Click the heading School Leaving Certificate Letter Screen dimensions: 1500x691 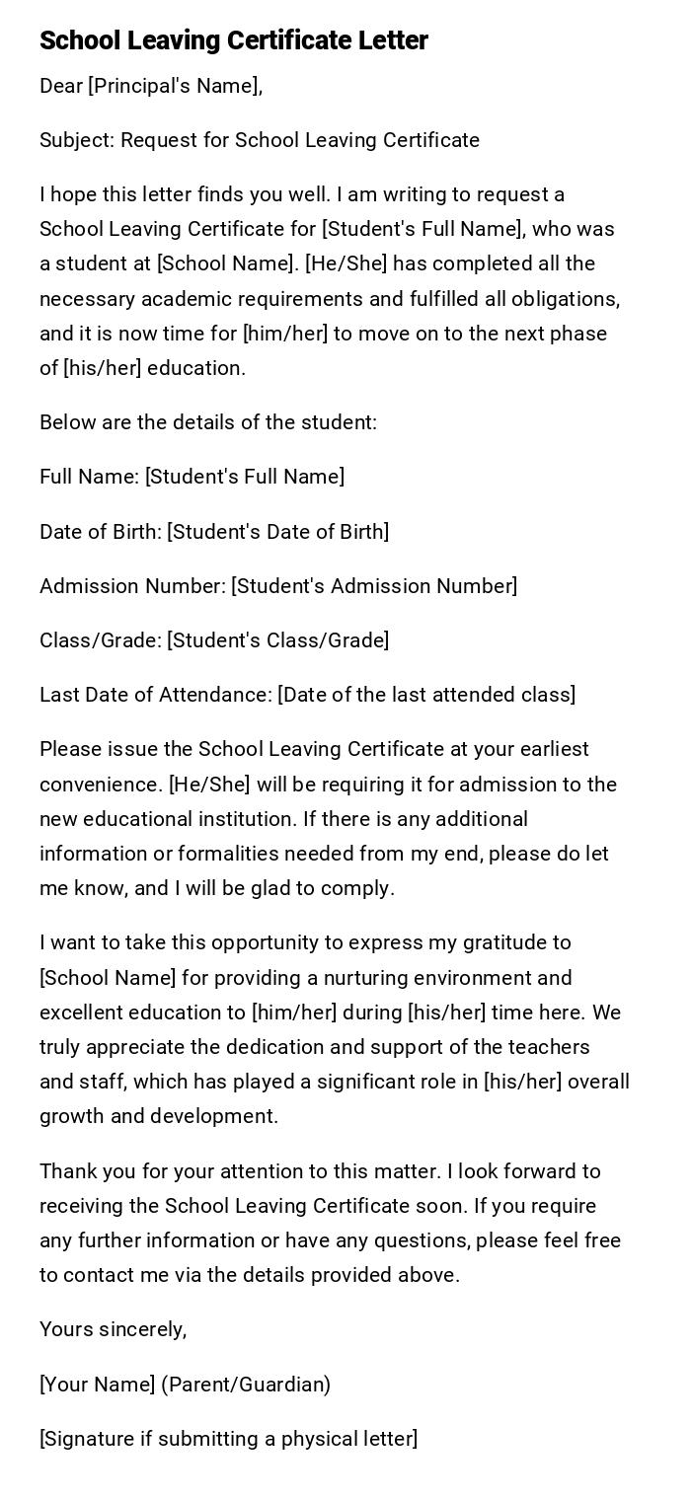pyautogui.click(x=234, y=40)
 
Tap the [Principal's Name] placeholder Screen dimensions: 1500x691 pyautogui.click(x=175, y=86)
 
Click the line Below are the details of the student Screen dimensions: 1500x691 pyautogui.click(x=208, y=422)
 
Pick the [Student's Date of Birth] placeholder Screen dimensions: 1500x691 pyautogui.click(x=278, y=532)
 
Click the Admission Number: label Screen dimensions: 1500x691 pyautogui.click(x=132, y=586)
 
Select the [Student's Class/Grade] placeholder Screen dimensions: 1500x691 pyautogui.click(x=278, y=640)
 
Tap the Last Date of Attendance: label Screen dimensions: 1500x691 pyautogui.click(x=156, y=695)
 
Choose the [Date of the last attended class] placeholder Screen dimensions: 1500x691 pyautogui.click(x=426, y=695)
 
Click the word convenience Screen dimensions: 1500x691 pyautogui.click(x=100, y=785)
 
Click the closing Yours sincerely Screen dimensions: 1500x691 pyautogui.click(x=114, y=1329)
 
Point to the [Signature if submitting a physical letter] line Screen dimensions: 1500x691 pyautogui.click(x=229, y=1439)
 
